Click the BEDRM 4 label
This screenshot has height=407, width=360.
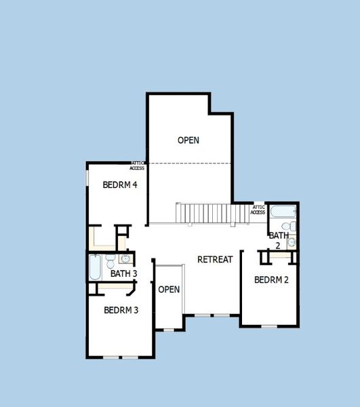pyautogui.click(x=116, y=185)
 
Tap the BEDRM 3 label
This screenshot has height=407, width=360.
pyautogui.click(x=121, y=310)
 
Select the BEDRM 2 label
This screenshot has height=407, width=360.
pyautogui.click(x=272, y=279)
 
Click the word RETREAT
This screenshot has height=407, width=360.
pyautogui.click(x=215, y=259)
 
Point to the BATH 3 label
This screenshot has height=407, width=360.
pyautogui.click(x=124, y=274)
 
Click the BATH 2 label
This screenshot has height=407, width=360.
pyautogui.click(x=278, y=239)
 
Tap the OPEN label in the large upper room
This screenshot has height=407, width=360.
pyautogui.click(x=188, y=140)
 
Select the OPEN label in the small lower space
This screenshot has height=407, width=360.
pyautogui.click(x=169, y=290)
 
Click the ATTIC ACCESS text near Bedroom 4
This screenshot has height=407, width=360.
pyautogui.click(x=138, y=166)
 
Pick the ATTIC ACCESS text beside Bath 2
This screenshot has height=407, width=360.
pyautogui.click(x=258, y=210)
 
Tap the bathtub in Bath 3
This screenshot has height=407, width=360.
pyautogui.click(x=95, y=267)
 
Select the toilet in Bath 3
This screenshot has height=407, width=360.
pyautogui.click(x=111, y=260)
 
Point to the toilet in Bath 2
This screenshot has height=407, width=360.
pyautogui.click(x=287, y=225)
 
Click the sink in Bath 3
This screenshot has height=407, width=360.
pyautogui.click(x=125, y=258)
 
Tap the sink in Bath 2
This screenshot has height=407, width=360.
pyautogui.click(x=292, y=242)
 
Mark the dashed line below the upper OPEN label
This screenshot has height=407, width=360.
pyautogui.click(x=190, y=163)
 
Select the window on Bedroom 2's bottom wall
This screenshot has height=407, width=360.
pyautogui.click(x=270, y=326)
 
